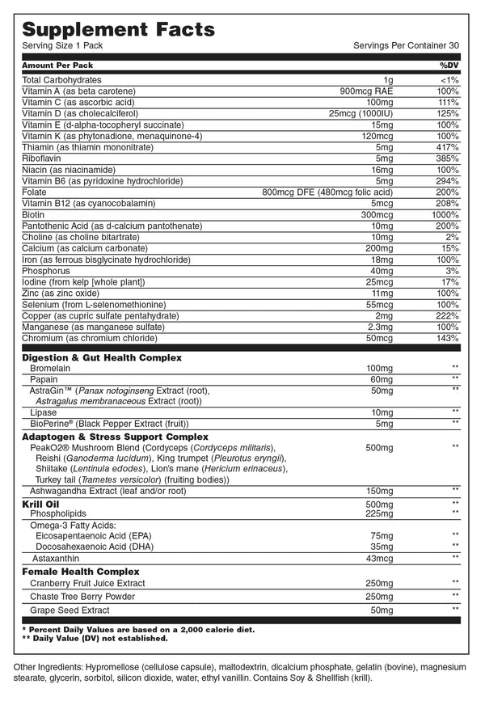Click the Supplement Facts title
click(x=118, y=29)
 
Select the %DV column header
click(x=449, y=64)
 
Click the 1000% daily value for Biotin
click(x=445, y=215)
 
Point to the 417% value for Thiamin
click(x=447, y=147)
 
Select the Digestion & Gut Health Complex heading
click(x=101, y=357)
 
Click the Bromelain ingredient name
click(x=50, y=368)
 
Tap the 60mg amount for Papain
click(x=379, y=379)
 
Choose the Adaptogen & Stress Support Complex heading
click(x=115, y=437)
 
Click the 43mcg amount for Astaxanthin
click(x=377, y=558)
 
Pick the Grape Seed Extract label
click(x=70, y=610)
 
